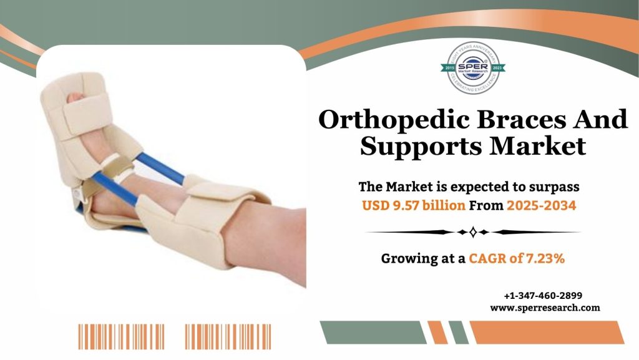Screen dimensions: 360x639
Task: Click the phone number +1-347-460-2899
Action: point(544,296)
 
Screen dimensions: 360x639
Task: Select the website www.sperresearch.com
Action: point(545,308)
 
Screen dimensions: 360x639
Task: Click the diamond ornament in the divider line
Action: point(472,232)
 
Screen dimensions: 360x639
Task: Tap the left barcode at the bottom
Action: point(121,336)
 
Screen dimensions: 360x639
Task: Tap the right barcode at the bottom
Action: point(228,336)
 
